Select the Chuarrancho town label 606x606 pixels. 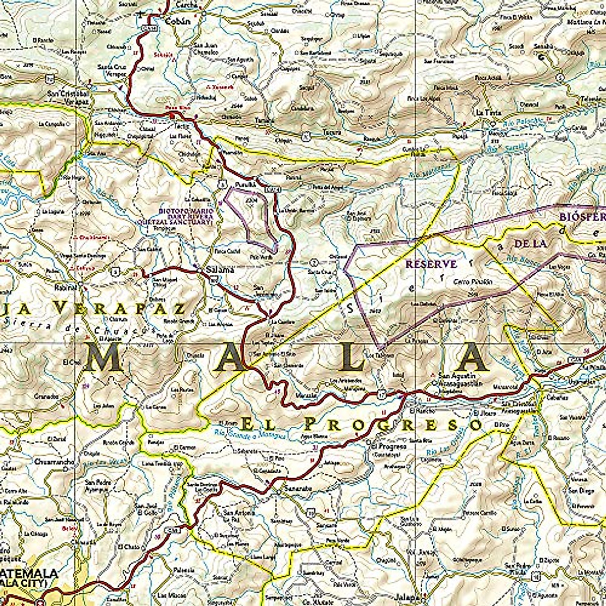(x=55, y=462)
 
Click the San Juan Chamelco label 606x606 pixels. (x=205, y=48)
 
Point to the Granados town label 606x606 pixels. (x=46, y=396)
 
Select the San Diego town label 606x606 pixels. (x=581, y=490)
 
